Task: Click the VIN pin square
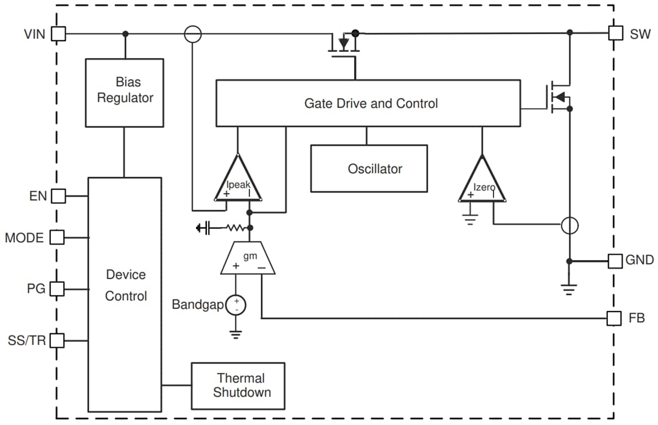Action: [58, 33]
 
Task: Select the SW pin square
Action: [616, 33]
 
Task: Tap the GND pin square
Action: [615, 261]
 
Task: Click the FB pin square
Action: [614, 318]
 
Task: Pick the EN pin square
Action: [57, 195]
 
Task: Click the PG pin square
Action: [57, 289]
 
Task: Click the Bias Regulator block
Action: [124, 92]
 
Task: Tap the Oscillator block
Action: [368, 169]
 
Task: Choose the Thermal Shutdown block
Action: [237, 386]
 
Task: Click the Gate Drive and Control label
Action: [371, 103]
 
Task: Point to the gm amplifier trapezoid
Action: [248, 259]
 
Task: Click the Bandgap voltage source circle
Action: [236, 305]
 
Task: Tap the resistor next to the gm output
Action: [234, 228]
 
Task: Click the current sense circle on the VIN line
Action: [192, 33]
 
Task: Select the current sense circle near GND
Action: [569, 225]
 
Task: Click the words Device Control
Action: [126, 285]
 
